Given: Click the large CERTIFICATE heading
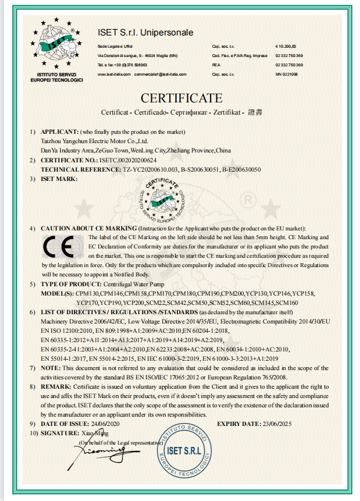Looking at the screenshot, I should tap(181, 97).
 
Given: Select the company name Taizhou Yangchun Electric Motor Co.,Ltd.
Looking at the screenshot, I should tap(95, 141).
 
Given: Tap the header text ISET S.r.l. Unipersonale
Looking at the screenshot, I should tap(145, 33).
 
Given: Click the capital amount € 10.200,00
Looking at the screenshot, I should tap(286, 45).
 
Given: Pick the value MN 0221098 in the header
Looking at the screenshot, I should tap(286, 74).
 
